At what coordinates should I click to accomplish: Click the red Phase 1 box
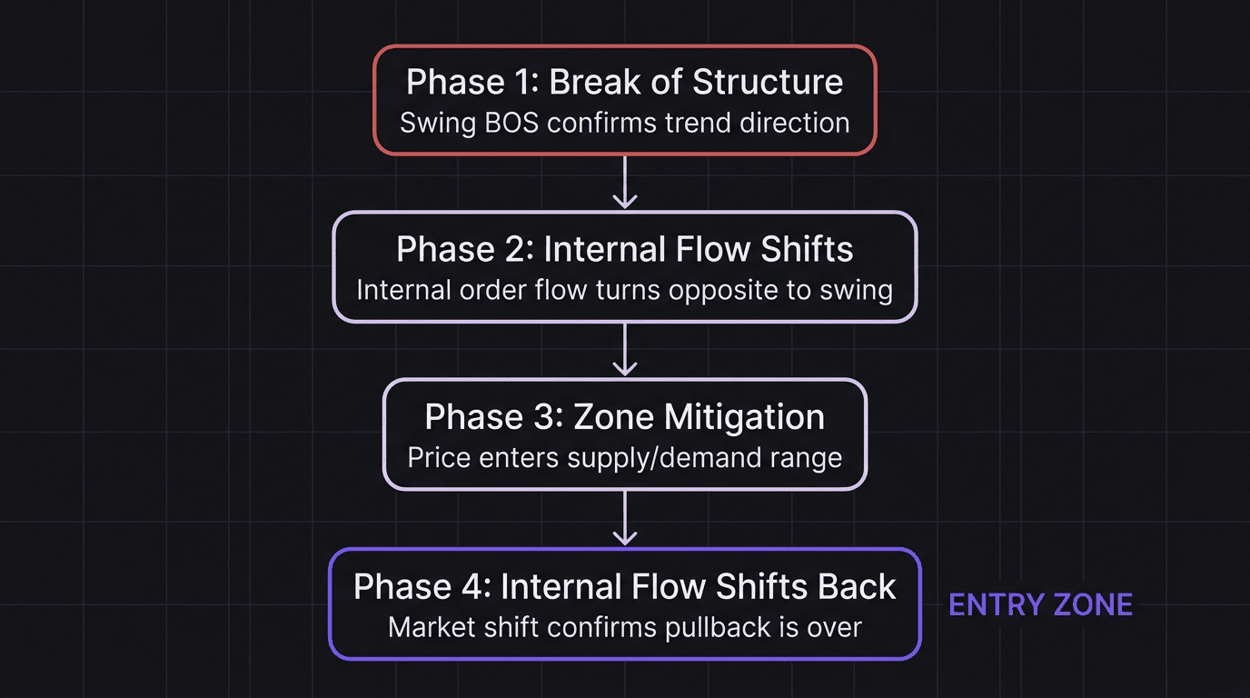(x=624, y=100)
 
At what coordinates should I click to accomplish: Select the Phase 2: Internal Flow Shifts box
(x=624, y=267)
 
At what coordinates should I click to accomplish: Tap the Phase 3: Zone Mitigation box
(x=624, y=434)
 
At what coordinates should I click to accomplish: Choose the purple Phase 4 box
(x=624, y=603)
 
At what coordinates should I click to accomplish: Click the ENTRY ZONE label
(x=1040, y=605)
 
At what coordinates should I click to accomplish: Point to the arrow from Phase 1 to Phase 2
(x=624, y=183)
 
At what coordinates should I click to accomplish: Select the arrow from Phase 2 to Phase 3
(x=624, y=350)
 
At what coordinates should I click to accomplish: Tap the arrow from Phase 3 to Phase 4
(x=624, y=518)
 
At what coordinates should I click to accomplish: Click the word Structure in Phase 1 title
(x=768, y=82)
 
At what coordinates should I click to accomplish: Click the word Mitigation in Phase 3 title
(x=744, y=417)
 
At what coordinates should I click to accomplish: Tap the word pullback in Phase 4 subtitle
(x=721, y=627)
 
